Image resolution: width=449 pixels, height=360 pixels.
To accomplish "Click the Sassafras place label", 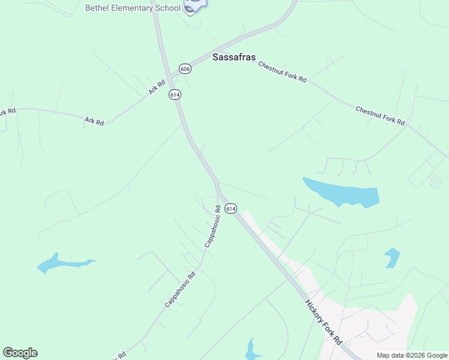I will (235, 58).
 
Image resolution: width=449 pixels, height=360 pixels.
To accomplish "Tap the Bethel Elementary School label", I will (132, 8).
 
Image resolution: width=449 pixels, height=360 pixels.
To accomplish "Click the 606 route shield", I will (185, 70).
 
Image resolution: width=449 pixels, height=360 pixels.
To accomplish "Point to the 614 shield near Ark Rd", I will (175, 95).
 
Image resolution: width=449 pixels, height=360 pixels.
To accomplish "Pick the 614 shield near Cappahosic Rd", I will (231, 208).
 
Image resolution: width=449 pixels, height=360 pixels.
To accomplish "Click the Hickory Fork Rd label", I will (324, 322).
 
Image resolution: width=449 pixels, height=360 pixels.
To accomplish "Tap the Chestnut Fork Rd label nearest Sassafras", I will (282, 71).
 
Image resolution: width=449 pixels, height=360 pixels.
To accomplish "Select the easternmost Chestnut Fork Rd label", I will (380, 116).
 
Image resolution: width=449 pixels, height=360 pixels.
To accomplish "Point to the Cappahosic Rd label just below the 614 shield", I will (212, 227).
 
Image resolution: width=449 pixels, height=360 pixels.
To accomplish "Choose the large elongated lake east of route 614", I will (342, 193).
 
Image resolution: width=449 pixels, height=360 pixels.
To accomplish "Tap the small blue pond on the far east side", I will (392, 257).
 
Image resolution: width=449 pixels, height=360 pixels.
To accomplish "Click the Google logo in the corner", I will (20, 353).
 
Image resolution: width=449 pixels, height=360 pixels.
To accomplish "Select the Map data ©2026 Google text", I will (412, 355).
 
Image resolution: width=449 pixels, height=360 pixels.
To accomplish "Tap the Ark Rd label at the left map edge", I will (7, 112).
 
